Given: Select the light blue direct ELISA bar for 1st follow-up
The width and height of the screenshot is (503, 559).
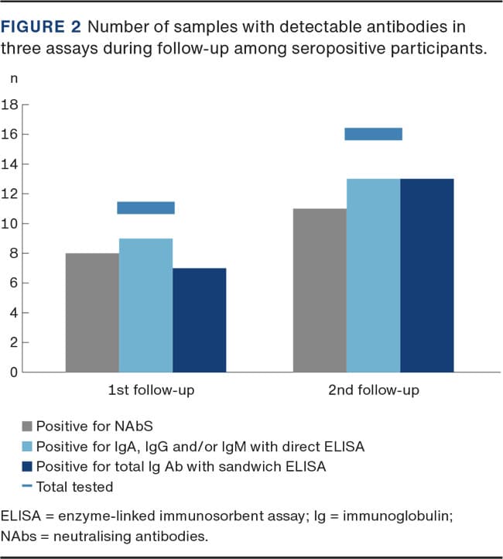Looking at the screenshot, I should [145, 305].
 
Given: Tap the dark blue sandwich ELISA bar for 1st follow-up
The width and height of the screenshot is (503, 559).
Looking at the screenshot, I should [199, 320].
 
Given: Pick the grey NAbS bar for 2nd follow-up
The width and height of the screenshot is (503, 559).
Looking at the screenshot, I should [320, 290].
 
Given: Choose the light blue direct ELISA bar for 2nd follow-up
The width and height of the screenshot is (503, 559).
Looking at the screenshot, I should [373, 275].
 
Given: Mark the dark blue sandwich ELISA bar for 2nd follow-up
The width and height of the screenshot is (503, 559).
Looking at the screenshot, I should [426, 275].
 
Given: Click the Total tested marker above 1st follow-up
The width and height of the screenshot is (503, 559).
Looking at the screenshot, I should [145, 207].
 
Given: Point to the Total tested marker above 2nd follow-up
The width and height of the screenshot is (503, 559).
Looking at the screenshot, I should [373, 134].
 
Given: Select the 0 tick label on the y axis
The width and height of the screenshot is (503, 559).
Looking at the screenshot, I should [13, 372].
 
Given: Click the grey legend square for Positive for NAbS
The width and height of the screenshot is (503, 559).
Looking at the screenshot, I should [28, 426].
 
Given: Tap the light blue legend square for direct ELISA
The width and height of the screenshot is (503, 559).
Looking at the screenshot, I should [28, 446].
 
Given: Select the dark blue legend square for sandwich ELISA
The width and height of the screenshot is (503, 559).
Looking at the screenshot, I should [28, 466].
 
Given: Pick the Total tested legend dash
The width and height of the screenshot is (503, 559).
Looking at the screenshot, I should [28, 487].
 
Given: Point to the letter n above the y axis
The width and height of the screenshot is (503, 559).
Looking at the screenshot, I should [13, 80].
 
